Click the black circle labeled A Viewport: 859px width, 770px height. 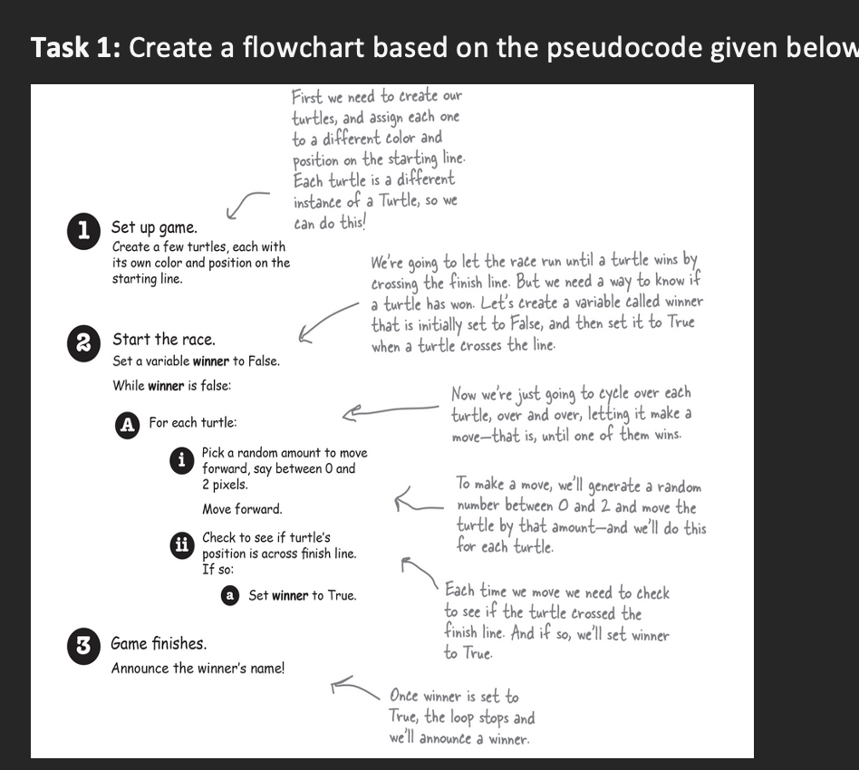(129, 424)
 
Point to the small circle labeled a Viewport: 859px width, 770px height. (230, 595)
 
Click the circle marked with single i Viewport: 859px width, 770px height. (181, 460)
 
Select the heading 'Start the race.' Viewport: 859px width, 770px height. (163, 340)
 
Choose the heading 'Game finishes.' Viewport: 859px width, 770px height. (159, 644)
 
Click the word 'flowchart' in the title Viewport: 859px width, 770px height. (300, 47)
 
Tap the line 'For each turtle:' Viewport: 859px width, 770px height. (193, 423)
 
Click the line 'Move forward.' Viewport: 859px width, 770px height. (242, 509)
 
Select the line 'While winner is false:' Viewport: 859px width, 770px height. (171, 386)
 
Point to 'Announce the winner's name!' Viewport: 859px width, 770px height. (198, 669)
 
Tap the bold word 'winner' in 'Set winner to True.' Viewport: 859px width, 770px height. (290, 596)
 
